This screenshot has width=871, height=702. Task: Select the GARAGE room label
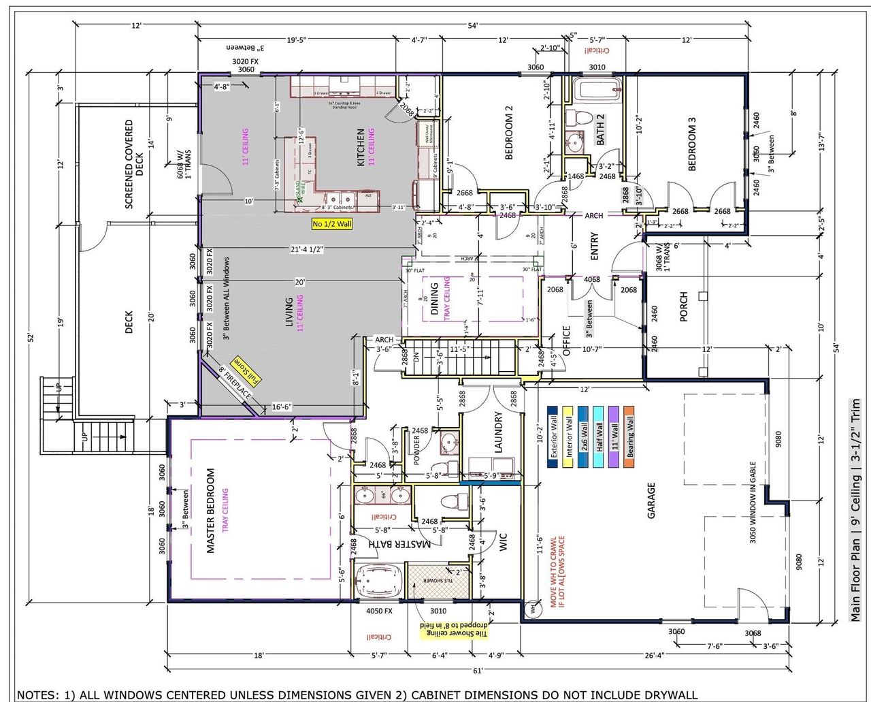[651, 500]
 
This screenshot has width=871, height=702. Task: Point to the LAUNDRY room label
[499, 432]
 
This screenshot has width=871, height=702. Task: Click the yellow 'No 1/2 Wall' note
[332, 224]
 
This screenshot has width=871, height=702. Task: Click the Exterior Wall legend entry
[553, 436]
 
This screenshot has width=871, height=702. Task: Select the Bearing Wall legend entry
[629, 436]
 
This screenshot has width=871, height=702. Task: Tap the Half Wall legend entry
[599, 436]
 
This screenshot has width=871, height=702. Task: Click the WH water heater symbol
[532, 607]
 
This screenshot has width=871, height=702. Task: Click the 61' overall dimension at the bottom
[478, 671]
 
